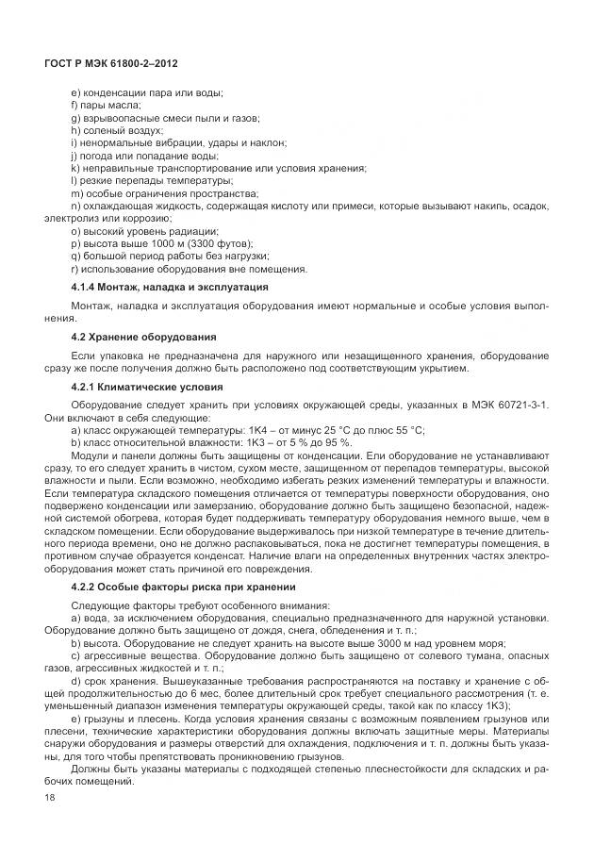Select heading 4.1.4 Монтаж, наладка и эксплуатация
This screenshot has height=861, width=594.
[x=170, y=286]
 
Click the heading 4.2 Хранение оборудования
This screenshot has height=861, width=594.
[x=143, y=337]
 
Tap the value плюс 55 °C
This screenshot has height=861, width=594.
[x=394, y=430]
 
